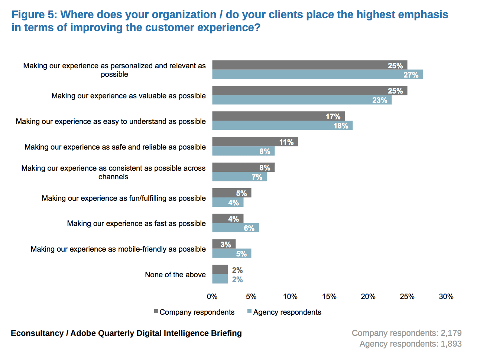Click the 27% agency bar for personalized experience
click(x=317, y=74)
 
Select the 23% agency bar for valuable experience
click(x=302, y=100)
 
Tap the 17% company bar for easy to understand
click(x=278, y=116)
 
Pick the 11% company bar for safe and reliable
click(x=255, y=142)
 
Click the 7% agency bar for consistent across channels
click(x=239, y=177)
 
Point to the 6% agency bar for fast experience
click(x=236, y=228)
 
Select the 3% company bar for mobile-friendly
click(x=224, y=244)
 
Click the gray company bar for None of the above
click(x=220, y=269)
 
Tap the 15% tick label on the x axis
click(x=329, y=297)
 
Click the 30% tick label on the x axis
click(x=446, y=297)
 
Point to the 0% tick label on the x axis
click(x=212, y=297)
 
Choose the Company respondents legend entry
click(x=194, y=312)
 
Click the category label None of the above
click(x=175, y=275)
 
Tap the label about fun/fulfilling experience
click(x=123, y=198)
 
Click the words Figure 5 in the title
click(x=34, y=14)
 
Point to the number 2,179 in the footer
click(x=451, y=333)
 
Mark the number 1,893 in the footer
click(x=451, y=344)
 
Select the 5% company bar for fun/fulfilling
click(x=231, y=193)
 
